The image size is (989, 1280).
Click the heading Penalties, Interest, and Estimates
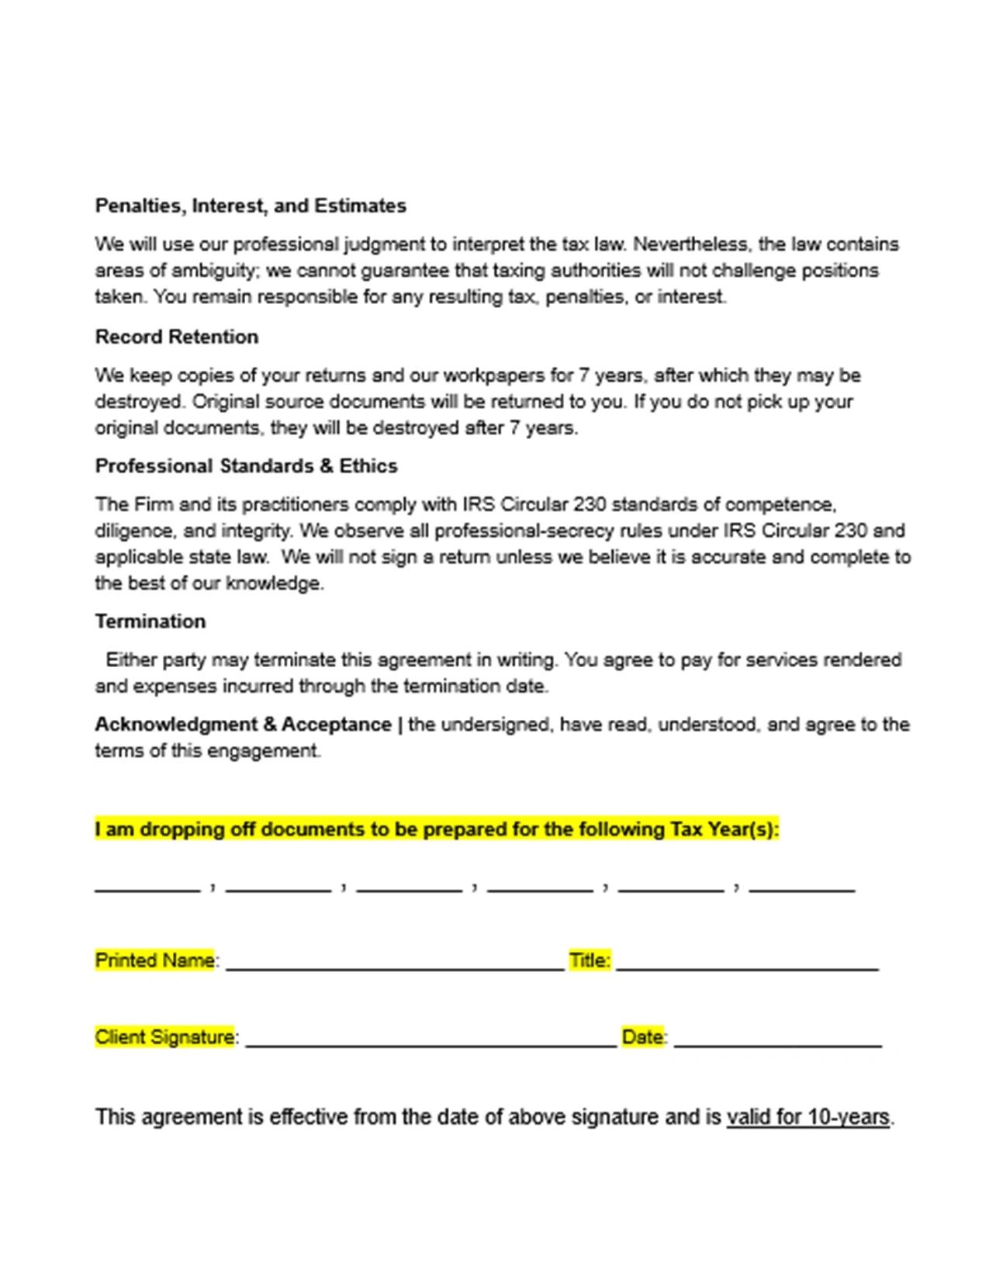[251, 206]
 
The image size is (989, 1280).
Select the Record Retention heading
[177, 337]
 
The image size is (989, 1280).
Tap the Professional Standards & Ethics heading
[246, 465]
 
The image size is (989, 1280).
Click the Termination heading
[150, 621]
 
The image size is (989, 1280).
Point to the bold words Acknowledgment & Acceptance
[243, 725]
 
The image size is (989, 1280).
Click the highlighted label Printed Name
[154, 960]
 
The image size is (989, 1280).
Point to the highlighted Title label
[589, 960]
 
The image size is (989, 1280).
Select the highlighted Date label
[642, 1037]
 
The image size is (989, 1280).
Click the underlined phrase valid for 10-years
[807, 1117]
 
